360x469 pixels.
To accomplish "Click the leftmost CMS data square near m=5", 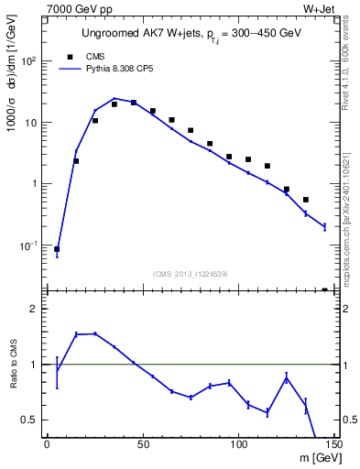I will (57, 248).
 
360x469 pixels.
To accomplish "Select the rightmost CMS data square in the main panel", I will (324, 289).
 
